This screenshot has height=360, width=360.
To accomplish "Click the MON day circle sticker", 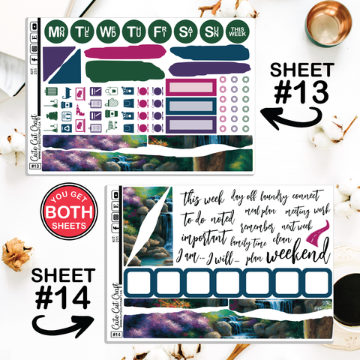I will [x=55, y=31].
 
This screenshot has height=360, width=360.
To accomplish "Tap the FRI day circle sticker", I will [x=159, y=31].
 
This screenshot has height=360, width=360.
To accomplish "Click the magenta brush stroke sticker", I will [x=123, y=53].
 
